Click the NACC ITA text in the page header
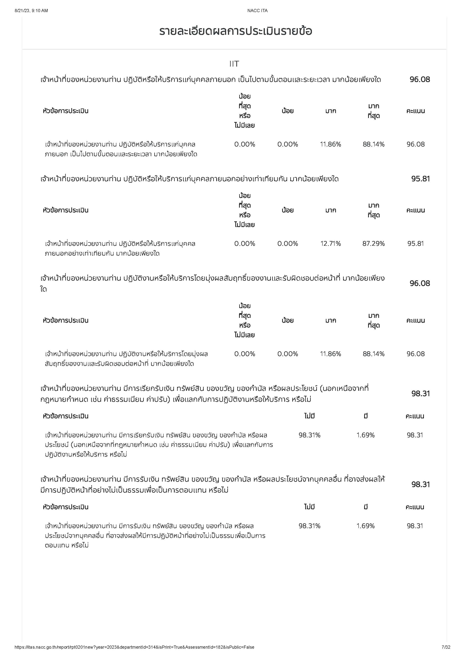pos(257,11)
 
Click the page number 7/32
pos(446,647)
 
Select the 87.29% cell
pos(373,244)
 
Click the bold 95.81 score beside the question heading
pos(420,179)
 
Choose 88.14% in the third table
pos(373,354)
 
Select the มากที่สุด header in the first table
pos(373,111)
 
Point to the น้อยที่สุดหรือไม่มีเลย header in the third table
pos(245,320)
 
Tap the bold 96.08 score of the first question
pos(420,79)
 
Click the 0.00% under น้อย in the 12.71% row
pos(287,244)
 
